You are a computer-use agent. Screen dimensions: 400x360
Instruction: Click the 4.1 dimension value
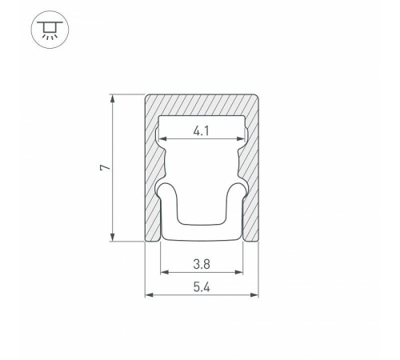point(202,131)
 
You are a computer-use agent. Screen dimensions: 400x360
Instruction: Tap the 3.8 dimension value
point(202,264)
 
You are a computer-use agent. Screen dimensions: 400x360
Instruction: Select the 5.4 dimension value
point(202,287)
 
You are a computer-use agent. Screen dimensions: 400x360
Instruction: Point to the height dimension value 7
point(105,167)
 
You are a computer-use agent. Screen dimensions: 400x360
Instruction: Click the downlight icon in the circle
point(50,30)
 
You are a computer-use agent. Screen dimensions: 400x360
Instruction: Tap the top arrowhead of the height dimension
point(113,98)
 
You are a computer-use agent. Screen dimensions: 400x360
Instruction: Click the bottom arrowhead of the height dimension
point(113,237)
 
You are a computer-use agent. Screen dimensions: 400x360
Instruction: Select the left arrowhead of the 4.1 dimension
point(162,138)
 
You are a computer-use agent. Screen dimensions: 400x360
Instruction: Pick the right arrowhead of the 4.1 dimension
point(241,138)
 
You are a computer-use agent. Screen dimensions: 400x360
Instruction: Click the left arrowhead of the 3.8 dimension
point(165,272)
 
